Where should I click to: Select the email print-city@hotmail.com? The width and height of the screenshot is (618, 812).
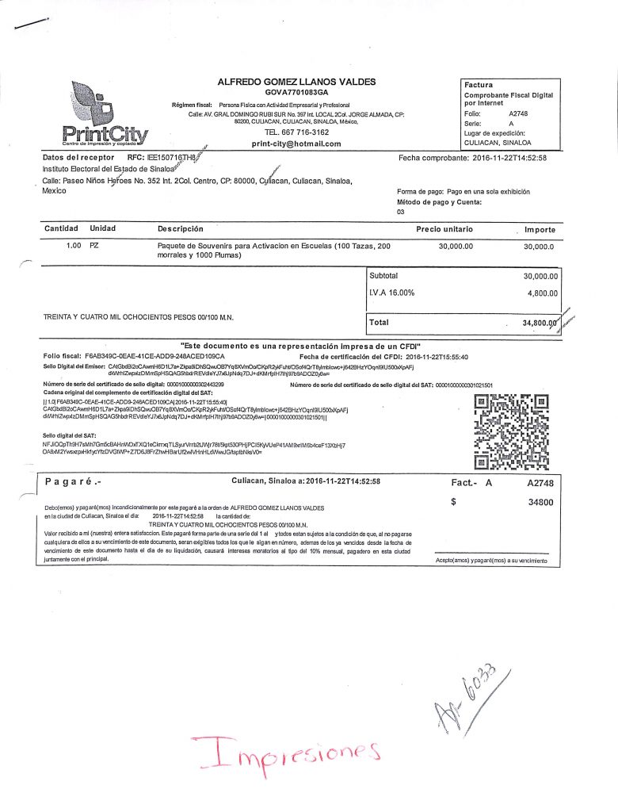click(296, 144)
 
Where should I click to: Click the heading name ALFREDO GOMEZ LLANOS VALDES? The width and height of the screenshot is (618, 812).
click(296, 82)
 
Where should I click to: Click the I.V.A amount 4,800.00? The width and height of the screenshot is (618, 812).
click(542, 293)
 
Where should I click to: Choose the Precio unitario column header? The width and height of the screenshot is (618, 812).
click(444, 229)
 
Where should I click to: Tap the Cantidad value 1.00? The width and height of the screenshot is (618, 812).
click(74, 247)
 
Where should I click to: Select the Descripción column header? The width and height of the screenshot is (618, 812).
click(181, 229)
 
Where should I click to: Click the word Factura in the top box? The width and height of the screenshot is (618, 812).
click(479, 85)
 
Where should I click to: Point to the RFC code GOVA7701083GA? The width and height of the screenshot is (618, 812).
click(296, 93)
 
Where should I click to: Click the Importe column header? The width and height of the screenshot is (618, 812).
click(540, 229)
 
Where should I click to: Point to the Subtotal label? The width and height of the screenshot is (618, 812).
click(384, 276)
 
